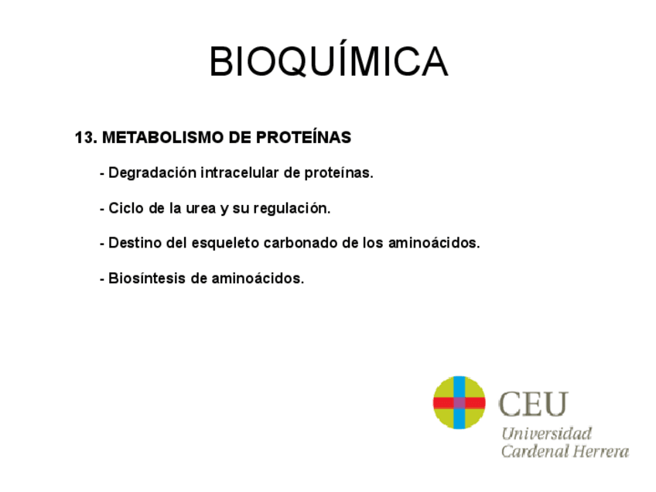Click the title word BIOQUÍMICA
328,62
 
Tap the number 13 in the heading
84,138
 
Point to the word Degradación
152,173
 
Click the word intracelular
240,173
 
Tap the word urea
202,209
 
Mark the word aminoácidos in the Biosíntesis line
258,278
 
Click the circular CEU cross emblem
459,402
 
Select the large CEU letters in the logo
534,404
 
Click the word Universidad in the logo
546,433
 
